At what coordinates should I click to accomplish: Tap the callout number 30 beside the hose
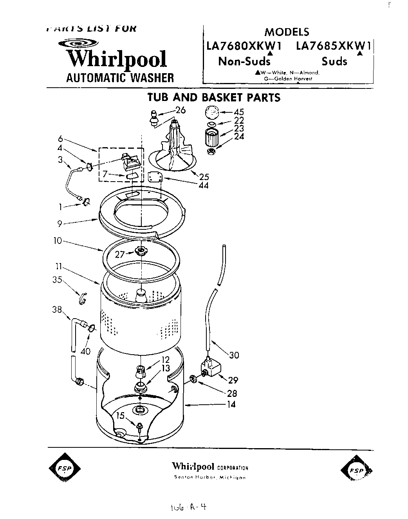(234, 355)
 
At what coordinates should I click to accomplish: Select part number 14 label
(231, 404)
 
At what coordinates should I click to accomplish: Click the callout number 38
(57, 310)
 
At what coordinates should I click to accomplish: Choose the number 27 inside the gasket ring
(120, 254)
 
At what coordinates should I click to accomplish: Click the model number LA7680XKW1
(244, 46)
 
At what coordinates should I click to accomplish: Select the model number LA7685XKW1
(333, 46)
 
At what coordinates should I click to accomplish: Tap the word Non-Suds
(244, 61)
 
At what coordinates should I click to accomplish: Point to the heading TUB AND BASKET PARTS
(214, 97)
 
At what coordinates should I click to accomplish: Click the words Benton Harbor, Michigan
(210, 478)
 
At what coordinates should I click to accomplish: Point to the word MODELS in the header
(287, 32)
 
